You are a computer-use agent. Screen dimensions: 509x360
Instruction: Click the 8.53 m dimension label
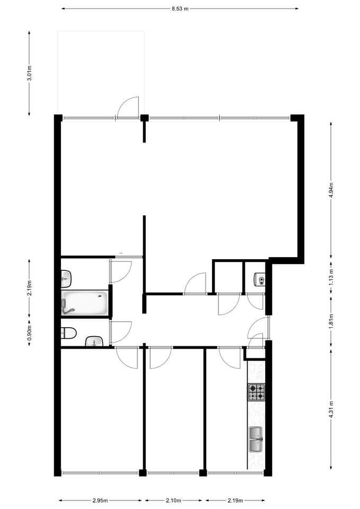(x=180, y=8)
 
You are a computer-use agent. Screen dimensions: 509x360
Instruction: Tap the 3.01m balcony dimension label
(x=30, y=73)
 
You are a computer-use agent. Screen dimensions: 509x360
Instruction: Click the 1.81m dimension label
(x=331, y=321)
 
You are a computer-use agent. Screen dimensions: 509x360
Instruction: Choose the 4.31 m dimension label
(x=331, y=409)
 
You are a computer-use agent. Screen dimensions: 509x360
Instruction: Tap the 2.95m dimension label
(x=100, y=500)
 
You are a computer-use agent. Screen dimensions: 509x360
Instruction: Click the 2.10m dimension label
(x=173, y=500)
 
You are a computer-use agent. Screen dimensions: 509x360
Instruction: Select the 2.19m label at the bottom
(x=235, y=500)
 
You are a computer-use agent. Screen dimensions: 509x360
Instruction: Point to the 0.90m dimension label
(x=30, y=332)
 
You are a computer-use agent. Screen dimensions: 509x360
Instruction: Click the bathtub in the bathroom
(x=85, y=303)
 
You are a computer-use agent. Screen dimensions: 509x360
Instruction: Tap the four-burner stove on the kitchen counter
(x=256, y=392)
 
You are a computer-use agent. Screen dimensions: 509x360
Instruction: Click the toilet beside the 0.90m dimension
(x=68, y=333)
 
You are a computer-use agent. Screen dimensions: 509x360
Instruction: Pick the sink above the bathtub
(x=66, y=277)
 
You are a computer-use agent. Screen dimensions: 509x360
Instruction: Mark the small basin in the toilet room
(x=94, y=341)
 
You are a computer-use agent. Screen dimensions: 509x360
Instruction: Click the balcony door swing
(x=128, y=107)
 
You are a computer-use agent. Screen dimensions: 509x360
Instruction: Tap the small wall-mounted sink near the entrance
(x=259, y=279)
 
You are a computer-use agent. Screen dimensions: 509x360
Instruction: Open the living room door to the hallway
(x=195, y=283)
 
